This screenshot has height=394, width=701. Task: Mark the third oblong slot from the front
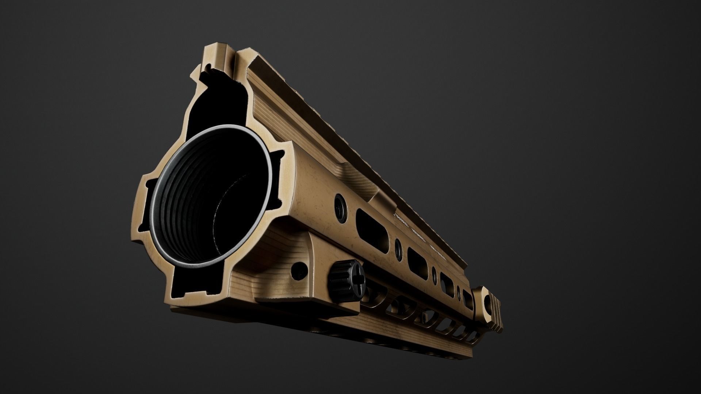point(447,280)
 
